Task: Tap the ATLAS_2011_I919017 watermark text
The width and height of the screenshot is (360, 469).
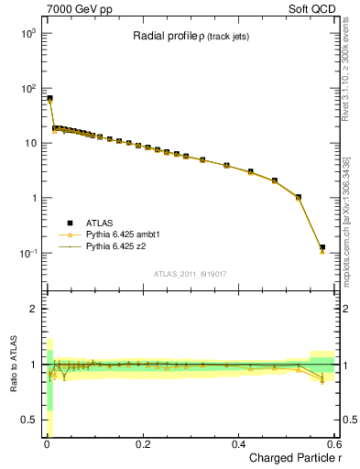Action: pos(190,274)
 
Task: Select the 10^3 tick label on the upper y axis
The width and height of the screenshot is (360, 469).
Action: pos(27,33)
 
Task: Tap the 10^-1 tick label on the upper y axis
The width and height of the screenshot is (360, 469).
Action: pos(27,254)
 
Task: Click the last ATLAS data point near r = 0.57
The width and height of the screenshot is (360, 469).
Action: pos(322,246)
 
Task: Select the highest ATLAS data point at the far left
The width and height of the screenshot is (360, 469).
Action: pos(49,98)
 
